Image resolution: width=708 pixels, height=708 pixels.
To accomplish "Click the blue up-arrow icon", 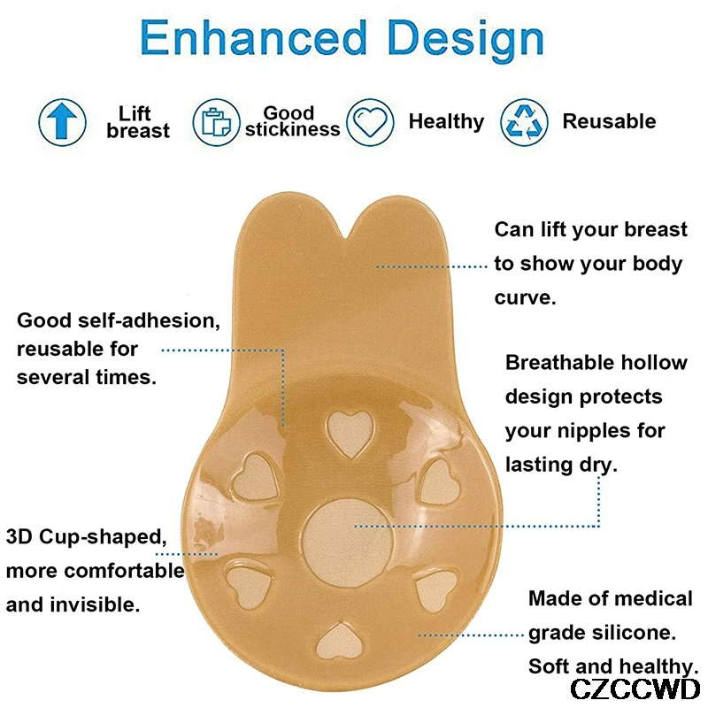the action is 62,122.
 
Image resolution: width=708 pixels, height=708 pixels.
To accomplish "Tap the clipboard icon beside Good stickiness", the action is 216,122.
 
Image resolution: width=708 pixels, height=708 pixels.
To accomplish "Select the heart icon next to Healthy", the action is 370,122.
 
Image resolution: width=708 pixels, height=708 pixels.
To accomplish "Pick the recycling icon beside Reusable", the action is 524,122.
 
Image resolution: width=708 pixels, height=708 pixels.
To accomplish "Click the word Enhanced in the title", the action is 254,38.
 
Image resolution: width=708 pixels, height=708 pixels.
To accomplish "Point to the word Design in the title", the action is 466,41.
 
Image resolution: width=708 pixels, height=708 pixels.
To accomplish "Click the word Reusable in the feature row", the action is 609,121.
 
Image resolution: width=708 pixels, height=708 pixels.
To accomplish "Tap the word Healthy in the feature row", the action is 446,121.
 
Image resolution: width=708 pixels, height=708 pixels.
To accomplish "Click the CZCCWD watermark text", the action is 635,689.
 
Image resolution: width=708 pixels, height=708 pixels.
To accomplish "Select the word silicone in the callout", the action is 634,633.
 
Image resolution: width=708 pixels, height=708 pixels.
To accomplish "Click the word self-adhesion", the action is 149,320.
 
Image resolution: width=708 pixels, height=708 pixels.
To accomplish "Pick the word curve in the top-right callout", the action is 525,298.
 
